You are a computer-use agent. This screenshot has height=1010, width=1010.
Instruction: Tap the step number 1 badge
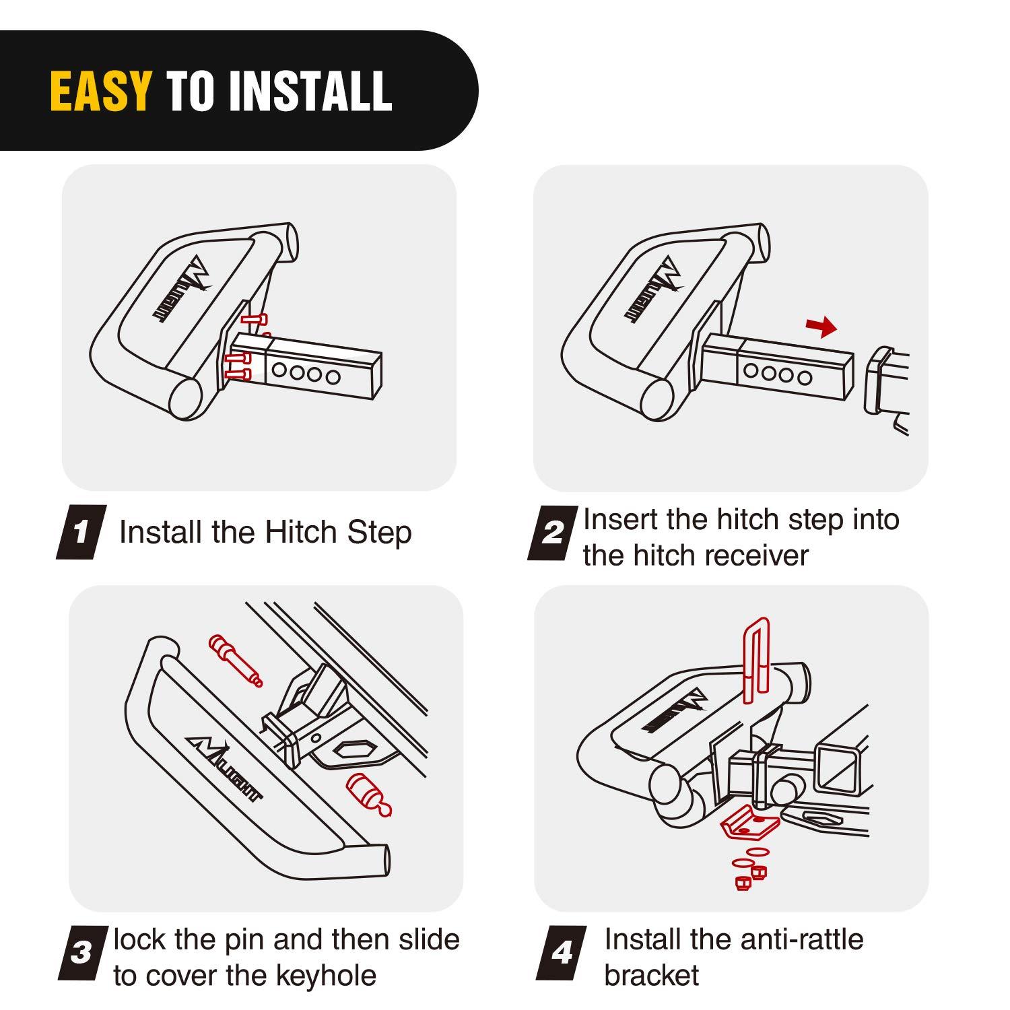pos(81,532)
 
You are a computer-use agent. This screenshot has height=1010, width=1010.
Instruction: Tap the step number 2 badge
pos(552,533)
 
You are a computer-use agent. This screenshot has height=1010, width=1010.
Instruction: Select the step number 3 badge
pos(82,953)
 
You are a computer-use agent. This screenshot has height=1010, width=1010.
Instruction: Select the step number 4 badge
pos(562,953)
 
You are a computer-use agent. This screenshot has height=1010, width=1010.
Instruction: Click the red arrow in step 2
pos(821,328)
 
